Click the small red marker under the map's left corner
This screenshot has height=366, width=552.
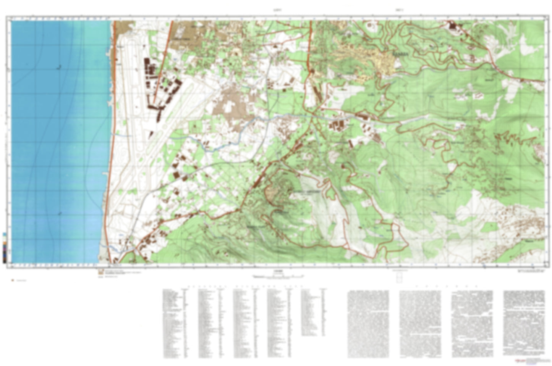[x=13, y=281]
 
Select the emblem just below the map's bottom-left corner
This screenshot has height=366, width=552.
[x=100, y=272]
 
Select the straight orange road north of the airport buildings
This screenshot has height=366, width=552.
[x=163, y=57]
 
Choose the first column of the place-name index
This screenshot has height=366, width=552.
[x=174, y=322]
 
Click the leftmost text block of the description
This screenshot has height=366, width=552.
[x=368, y=324]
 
